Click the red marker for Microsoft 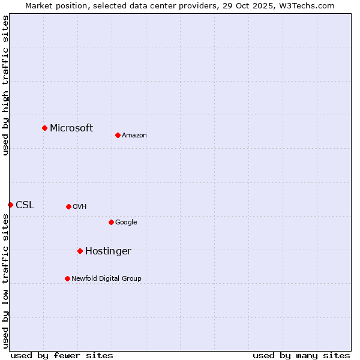coord(44,128)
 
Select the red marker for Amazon coord(118,135)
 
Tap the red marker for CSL coord(10,205)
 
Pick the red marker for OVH coord(68,206)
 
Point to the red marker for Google coord(111,222)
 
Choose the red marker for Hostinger coord(80,251)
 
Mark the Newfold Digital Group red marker coord(67,278)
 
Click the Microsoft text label coord(71,128)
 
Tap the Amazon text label coord(134,136)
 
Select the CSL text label coord(25,205)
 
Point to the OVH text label coord(80,207)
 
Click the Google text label coord(126,223)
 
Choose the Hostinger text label coord(108,251)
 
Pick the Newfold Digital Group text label coord(106,278)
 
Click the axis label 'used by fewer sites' coord(62,355)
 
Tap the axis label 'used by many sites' coord(301,355)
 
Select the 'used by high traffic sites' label coord(6,85)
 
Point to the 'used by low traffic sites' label coord(6,281)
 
